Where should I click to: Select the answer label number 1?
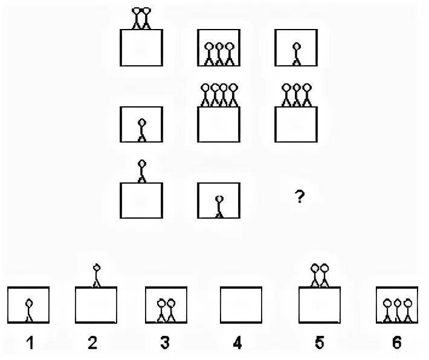pos(28,344)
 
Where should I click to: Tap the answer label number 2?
pos(92,344)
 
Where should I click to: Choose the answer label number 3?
pos(164,344)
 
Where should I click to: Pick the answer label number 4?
pos(237,344)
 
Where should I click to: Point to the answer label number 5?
pos(319,344)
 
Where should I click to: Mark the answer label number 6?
pos(396,344)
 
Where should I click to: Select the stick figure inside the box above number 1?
pos(28,309)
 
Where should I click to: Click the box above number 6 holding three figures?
pos(397,307)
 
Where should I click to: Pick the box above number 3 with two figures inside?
pos(166,307)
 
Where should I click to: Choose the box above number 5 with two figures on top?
pos(321,307)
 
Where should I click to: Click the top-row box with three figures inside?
pos(219,48)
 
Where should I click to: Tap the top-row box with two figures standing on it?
pos(141,48)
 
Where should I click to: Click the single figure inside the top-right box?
pos(296,53)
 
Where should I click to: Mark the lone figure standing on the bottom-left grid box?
pos(142,170)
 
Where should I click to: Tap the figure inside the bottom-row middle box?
pos(219,205)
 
